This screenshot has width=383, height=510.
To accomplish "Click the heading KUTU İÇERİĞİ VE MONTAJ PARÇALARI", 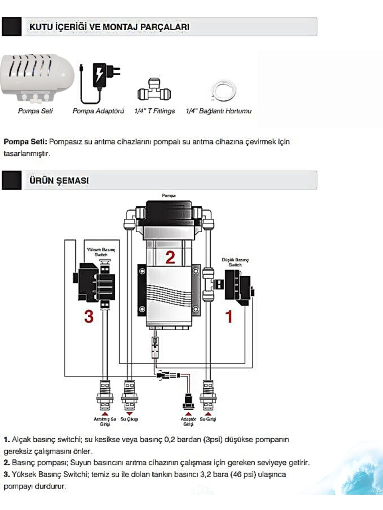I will (x=109, y=27).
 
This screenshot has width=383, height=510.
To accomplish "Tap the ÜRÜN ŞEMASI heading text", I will (x=59, y=180).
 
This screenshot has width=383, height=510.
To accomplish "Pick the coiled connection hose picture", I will (x=223, y=91).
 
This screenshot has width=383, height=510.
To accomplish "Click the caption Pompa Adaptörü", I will (x=98, y=111).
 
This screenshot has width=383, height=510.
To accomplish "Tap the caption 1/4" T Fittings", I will (x=154, y=111).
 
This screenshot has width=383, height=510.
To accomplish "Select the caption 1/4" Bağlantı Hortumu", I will (x=219, y=111).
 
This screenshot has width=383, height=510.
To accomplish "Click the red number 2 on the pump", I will (x=170, y=257).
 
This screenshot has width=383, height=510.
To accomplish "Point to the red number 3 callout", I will (x=89, y=316).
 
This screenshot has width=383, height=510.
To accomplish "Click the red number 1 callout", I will (x=229, y=317).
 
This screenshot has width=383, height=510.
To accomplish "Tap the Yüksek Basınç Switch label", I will (x=101, y=252).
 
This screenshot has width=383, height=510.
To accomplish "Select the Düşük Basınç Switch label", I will (x=235, y=262).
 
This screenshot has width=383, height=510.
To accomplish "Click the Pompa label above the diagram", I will (x=169, y=196).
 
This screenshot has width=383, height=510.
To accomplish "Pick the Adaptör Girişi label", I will (x=188, y=422).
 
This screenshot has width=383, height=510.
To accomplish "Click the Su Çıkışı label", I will (x=129, y=419).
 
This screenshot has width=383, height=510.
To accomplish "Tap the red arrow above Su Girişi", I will (x=208, y=414).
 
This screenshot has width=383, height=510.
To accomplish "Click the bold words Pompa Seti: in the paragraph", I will (x=26, y=142).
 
